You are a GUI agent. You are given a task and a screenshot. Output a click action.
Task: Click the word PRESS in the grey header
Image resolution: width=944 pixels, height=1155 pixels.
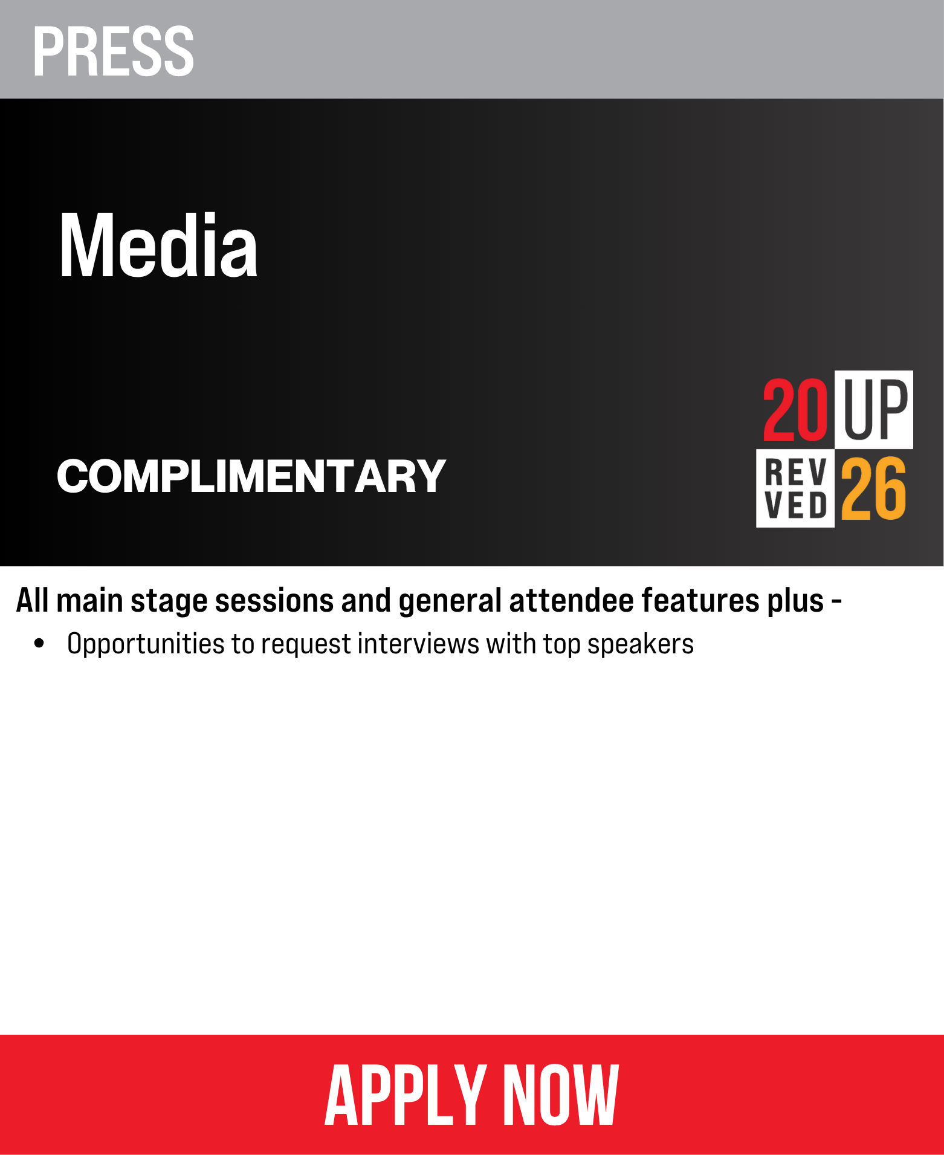pos(114,51)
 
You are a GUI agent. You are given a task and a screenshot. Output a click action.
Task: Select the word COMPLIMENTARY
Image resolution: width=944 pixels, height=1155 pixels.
pos(251,476)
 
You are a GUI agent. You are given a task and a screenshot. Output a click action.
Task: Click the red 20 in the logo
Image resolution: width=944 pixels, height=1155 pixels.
pos(795,410)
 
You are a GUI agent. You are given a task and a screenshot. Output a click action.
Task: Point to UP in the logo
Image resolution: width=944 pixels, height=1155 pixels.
pos(875,410)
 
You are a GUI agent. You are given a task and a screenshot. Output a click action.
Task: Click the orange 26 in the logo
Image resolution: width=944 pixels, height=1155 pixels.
pos(874,488)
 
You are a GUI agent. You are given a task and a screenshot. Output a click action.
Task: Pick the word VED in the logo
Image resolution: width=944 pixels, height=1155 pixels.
pos(795,505)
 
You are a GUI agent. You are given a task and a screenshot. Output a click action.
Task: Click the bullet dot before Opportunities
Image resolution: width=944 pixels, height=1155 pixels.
pos(40,643)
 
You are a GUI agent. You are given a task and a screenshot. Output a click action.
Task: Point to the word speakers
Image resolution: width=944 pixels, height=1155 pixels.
pos(641,644)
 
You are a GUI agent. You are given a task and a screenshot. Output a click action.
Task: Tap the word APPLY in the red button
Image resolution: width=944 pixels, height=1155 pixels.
pos(406,1095)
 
